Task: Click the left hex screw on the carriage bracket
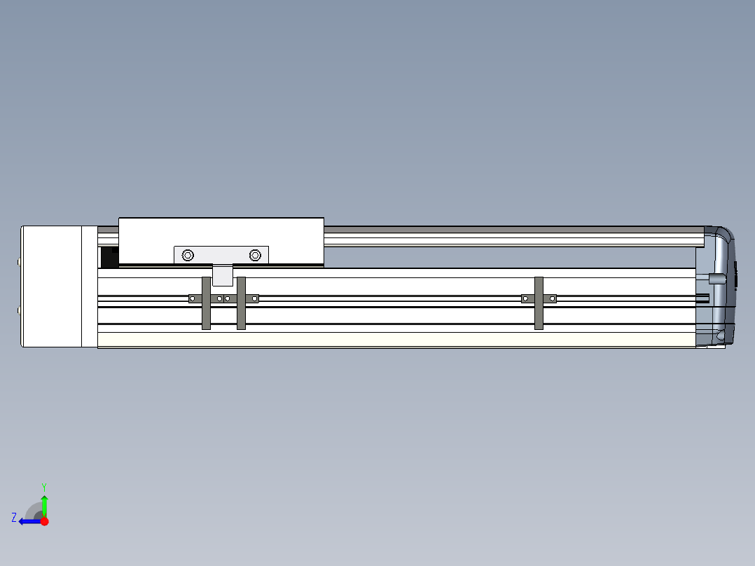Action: tap(188, 255)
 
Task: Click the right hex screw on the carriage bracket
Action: tap(255, 255)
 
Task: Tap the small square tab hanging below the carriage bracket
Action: tap(223, 275)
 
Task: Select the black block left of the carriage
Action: tap(109, 257)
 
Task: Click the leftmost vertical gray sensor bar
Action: tap(206, 303)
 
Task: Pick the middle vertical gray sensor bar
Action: tap(241, 303)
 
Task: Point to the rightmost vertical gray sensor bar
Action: tap(539, 303)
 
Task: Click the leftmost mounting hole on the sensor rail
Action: tap(193, 298)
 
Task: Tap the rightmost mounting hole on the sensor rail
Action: tap(553, 298)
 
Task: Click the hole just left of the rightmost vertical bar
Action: tap(525, 298)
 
